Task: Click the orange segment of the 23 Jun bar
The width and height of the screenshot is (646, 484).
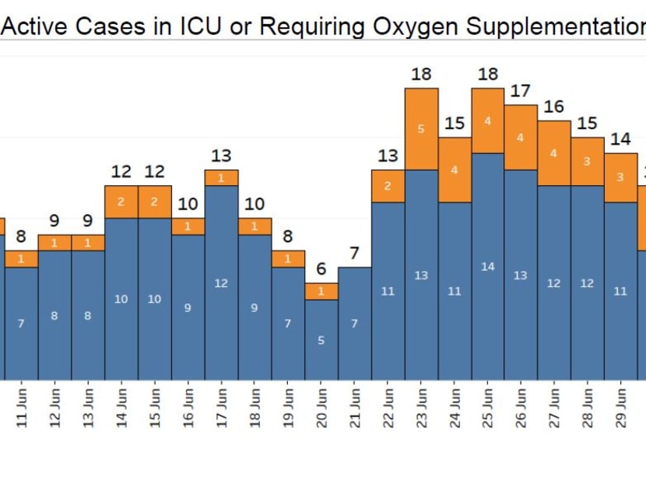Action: [x=421, y=129]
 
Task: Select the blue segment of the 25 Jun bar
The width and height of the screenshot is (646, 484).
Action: [x=487, y=266]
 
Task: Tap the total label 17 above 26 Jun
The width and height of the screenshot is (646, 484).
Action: [x=521, y=92]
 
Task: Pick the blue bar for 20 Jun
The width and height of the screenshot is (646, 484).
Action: [x=321, y=339]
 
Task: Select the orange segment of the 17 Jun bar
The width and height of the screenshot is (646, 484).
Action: [x=221, y=178]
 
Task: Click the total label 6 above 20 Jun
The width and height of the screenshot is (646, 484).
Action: [x=321, y=269]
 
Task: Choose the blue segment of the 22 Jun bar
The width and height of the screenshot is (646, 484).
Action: [x=388, y=290]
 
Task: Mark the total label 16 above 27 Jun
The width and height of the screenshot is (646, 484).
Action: [x=554, y=107]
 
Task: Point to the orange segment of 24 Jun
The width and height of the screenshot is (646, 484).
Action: [x=455, y=170]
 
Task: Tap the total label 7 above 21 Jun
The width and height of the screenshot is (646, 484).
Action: [x=355, y=254]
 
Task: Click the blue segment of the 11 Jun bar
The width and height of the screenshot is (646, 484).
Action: [x=21, y=323]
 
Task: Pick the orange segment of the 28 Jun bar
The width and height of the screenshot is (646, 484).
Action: [x=588, y=162]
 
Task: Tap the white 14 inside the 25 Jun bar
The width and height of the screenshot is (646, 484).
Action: [x=487, y=267]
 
